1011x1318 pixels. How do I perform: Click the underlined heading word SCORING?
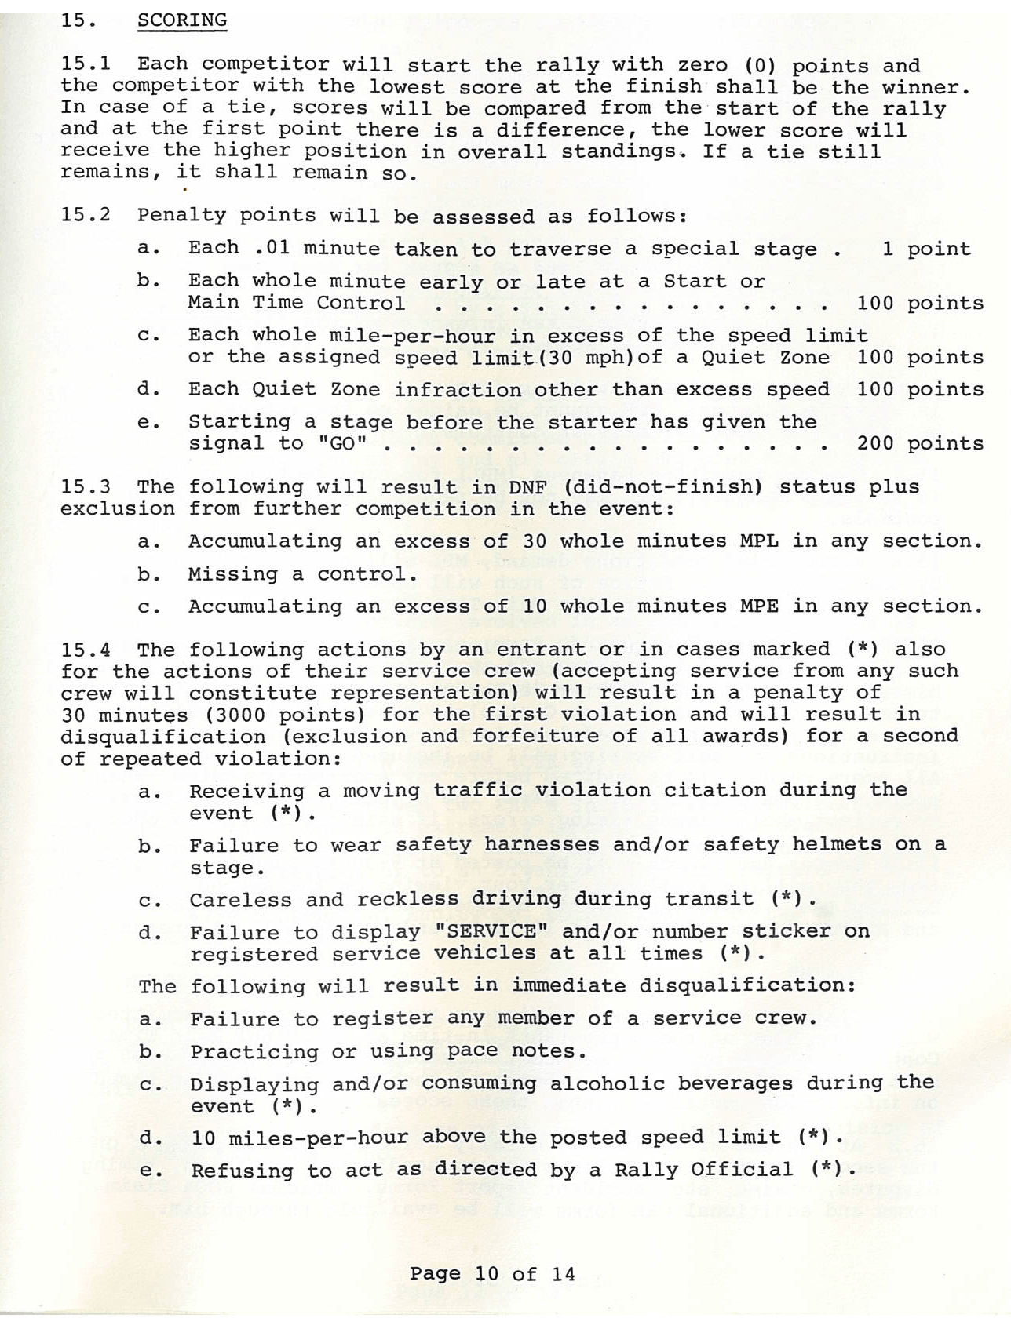pyautogui.click(x=182, y=20)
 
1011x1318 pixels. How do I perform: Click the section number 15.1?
pyautogui.click(x=86, y=65)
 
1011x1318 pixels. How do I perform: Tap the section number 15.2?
pyautogui.click(x=86, y=215)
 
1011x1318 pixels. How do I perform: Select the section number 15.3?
pyautogui.click(x=86, y=486)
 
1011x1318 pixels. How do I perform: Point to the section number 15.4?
pyautogui.click(x=86, y=650)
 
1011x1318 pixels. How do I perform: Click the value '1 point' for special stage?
pyautogui.click(x=926, y=249)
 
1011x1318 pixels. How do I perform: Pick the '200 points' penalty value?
pyautogui.click(x=920, y=444)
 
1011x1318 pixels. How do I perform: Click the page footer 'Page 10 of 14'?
pyautogui.click(x=492, y=1273)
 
